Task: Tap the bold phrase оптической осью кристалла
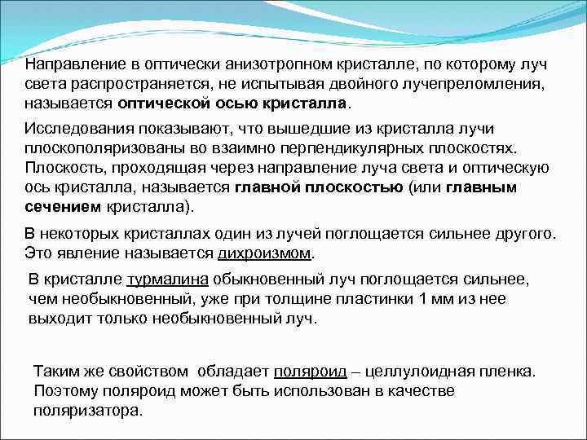pyautogui.click(x=232, y=105)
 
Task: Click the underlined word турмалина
pyautogui.click(x=168, y=279)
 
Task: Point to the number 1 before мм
pyautogui.click(x=421, y=299)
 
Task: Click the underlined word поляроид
pyautogui.click(x=309, y=372)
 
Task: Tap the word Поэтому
pyautogui.click(x=66, y=391)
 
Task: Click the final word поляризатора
pyautogui.click(x=87, y=411)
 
